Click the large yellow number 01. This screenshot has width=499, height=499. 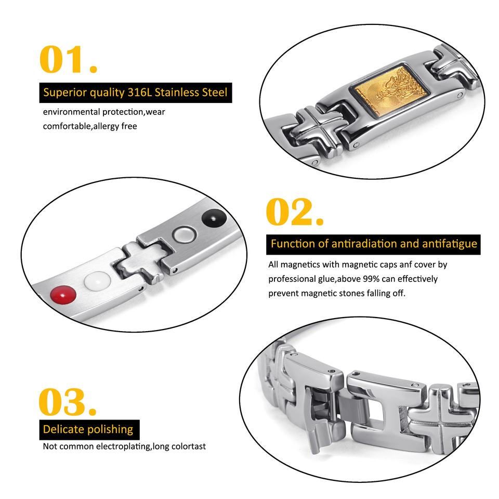click(68, 59)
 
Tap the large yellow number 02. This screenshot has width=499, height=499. click(295, 212)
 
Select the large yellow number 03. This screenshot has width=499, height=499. click(68, 401)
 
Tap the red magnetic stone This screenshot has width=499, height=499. click(63, 295)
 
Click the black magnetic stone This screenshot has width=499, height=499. click(214, 218)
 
